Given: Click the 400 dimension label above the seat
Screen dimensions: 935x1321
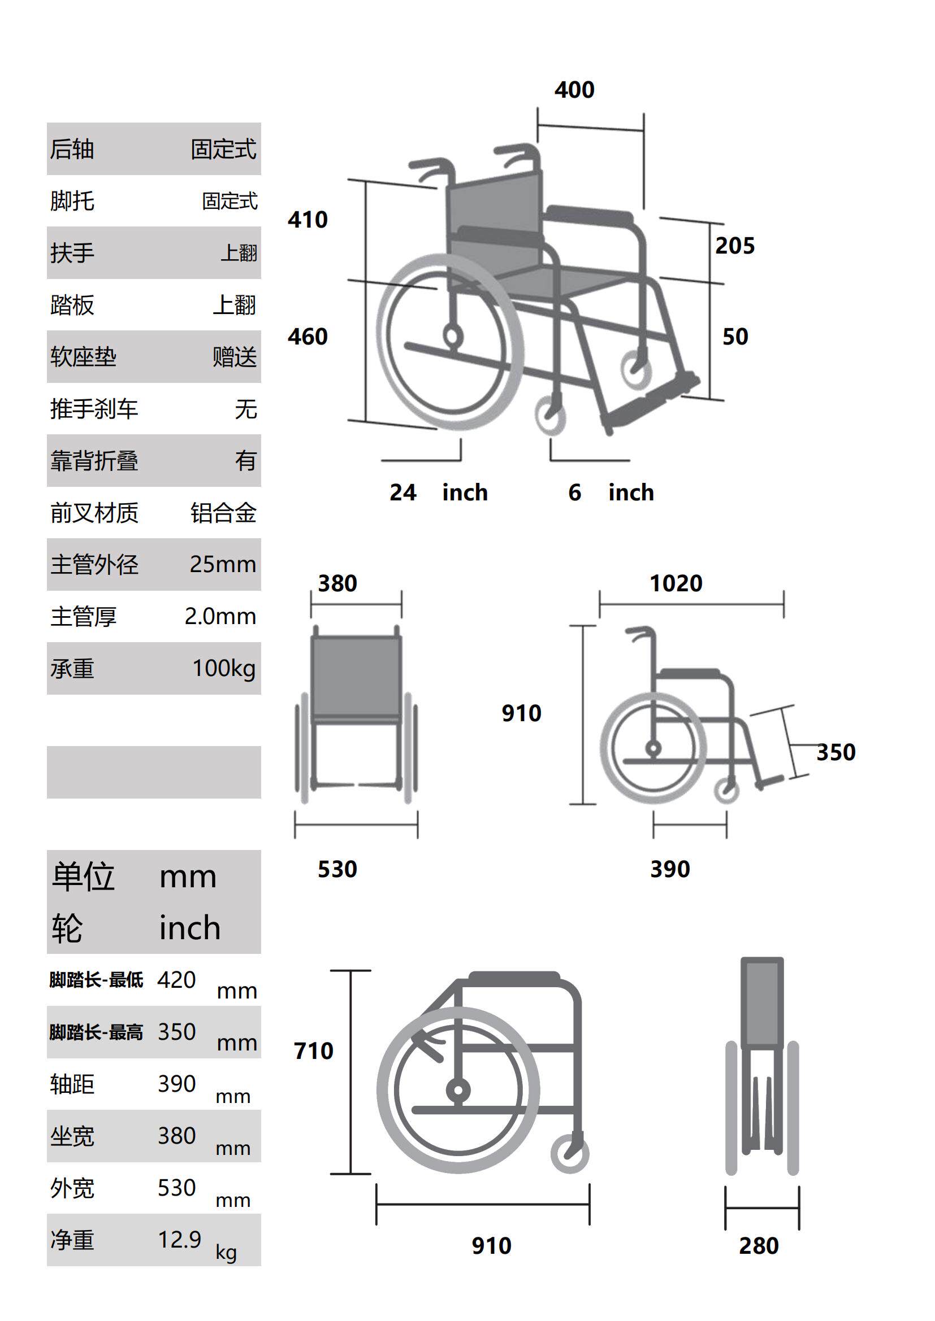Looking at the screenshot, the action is pyautogui.click(x=574, y=90).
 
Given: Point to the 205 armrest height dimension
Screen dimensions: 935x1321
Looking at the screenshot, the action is pyautogui.click(x=735, y=246).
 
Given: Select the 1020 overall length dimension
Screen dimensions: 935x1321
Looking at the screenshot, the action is pyautogui.click(x=676, y=583).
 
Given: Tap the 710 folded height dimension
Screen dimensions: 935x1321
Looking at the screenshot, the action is pyautogui.click(x=313, y=1050).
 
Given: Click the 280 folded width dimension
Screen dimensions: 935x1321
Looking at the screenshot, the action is pyautogui.click(x=759, y=1245).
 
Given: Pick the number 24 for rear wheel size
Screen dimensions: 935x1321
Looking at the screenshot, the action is pyautogui.click(x=402, y=492).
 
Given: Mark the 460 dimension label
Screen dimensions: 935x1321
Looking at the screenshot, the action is pyautogui.click(x=308, y=337).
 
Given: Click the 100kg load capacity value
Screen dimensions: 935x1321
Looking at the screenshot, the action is pyautogui.click(x=223, y=668).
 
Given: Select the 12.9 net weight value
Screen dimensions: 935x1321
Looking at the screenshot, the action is pyautogui.click(x=180, y=1239).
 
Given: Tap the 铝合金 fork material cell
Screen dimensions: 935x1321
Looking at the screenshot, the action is pyautogui.click(x=223, y=513).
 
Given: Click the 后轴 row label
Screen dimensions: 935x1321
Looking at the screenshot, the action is pyautogui.click(x=72, y=149).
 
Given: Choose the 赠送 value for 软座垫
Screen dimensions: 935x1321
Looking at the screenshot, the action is pyautogui.click(x=235, y=357).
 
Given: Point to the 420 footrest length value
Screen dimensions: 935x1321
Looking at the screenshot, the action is pyautogui.click(x=177, y=979).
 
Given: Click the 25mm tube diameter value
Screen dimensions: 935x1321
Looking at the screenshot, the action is pyautogui.click(x=223, y=564).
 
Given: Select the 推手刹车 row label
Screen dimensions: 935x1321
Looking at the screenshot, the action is pyautogui.click(x=94, y=409).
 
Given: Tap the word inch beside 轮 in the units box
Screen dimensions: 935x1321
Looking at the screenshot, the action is pyautogui.click(x=190, y=928).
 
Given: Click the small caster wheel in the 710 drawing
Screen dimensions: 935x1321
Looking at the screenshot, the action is pyautogui.click(x=569, y=1154).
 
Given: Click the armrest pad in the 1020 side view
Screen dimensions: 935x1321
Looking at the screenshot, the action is pyautogui.click(x=690, y=673).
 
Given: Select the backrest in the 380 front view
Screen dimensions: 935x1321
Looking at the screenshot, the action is pyautogui.click(x=356, y=676).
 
